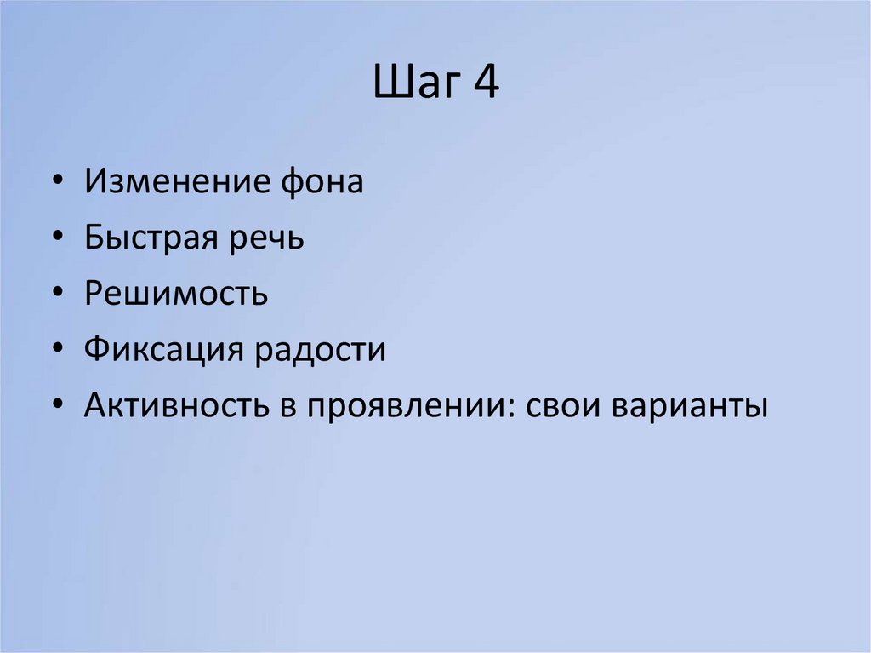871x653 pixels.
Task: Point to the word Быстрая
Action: click(x=151, y=238)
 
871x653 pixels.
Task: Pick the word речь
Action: click(x=265, y=238)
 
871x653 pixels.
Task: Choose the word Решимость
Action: click(x=176, y=295)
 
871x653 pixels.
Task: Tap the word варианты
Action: click(x=689, y=407)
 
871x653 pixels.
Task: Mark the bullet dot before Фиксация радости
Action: click(x=56, y=351)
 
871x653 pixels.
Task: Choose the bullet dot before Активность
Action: click(x=56, y=407)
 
